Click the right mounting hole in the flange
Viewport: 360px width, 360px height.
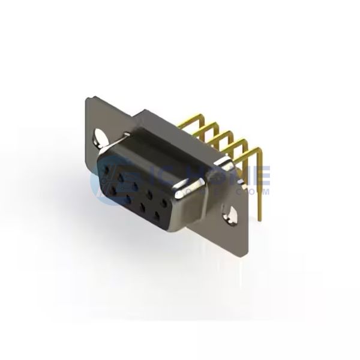230,213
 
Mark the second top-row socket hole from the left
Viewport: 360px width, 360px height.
122,177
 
